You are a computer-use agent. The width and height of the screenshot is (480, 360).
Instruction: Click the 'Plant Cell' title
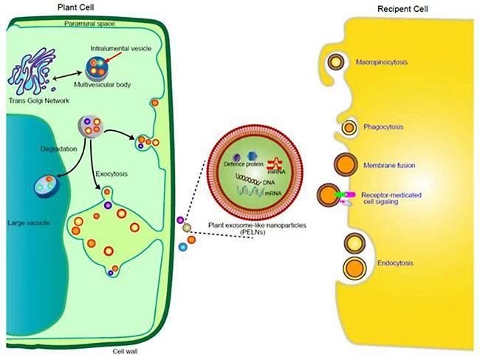(x=75, y=7)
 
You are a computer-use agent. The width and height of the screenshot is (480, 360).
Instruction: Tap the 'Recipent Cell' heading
(x=402, y=9)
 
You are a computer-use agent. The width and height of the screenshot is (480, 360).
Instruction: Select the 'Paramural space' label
(x=89, y=24)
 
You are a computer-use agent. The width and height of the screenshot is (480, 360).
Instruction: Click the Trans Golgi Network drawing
(x=33, y=71)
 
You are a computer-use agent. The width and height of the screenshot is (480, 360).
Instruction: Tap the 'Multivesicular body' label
(x=102, y=84)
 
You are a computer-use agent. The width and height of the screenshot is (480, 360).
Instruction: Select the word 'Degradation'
(x=58, y=149)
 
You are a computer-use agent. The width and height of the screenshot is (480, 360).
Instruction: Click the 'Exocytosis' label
(x=112, y=174)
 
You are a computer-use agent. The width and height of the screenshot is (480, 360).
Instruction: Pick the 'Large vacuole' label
(x=29, y=223)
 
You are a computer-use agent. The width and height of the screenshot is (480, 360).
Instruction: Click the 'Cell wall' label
(x=125, y=351)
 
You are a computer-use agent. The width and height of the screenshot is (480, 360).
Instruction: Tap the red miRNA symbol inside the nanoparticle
(x=275, y=164)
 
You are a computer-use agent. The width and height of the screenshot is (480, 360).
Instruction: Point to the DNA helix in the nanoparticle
(x=249, y=179)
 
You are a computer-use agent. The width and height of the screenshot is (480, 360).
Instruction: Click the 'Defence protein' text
(x=244, y=164)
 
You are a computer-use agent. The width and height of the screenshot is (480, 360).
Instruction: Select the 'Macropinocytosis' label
(x=382, y=62)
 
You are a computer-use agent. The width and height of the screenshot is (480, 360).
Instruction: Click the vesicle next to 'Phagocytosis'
(x=349, y=127)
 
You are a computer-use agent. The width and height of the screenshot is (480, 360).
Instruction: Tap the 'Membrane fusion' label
(x=389, y=166)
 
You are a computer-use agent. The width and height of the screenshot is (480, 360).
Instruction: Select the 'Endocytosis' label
(x=395, y=263)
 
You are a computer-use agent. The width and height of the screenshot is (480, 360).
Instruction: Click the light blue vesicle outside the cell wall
(x=182, y=247)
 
